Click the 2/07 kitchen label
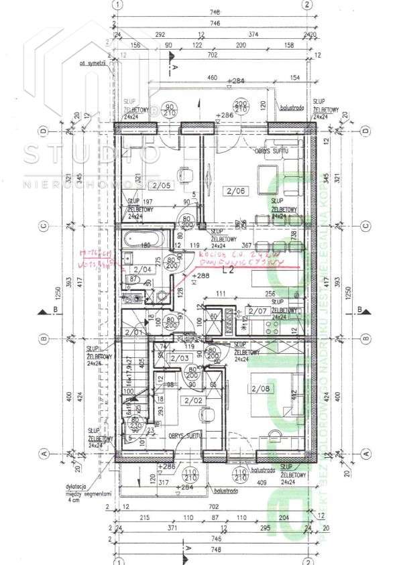tap(258, 310)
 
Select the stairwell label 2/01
tap(134, 330)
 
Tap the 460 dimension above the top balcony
tap(212, 79)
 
